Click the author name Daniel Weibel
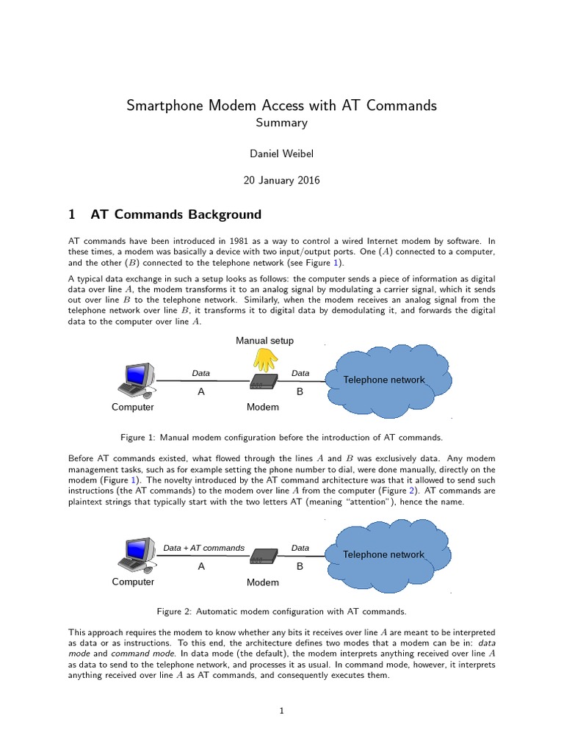coord(281,153)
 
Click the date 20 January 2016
coord(281,181)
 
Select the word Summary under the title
coord(281,123)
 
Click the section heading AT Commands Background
coord(176,214)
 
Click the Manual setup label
coord(264,341)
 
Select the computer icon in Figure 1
coord(136,381)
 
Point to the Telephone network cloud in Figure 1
coord(384,380)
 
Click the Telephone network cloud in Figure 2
coord(383,554)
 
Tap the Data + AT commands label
coord(203,548)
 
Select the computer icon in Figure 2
coord(136,555)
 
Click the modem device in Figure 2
coord(263,557)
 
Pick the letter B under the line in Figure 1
coord(300,392)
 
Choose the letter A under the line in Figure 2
coord(201,567)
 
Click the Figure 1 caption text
coord(281,437)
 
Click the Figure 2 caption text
coord(281,611)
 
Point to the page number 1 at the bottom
coord(282,711)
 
